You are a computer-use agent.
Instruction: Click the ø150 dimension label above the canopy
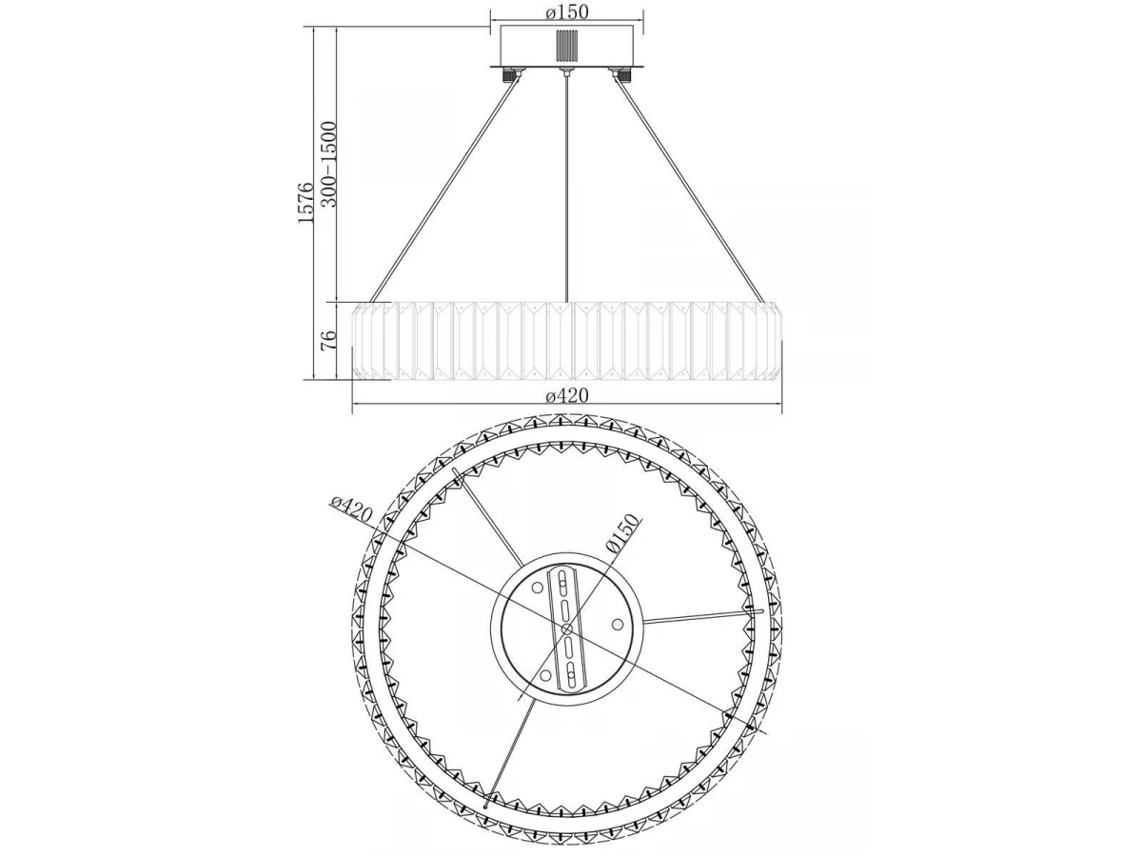point(567,12)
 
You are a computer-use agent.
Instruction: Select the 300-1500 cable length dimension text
point(329,165)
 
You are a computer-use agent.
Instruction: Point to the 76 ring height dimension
point(330,341)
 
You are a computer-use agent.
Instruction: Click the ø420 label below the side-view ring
point(567,396)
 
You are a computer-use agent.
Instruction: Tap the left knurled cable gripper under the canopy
point(510,75)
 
